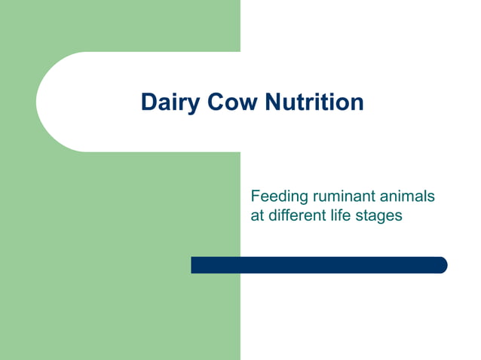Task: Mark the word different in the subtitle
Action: (296, 215)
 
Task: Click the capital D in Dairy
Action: (149, 102)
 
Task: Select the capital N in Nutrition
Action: (274, 102)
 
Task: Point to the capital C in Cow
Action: (213, 102)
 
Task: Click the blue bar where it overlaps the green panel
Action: (216, 265)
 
